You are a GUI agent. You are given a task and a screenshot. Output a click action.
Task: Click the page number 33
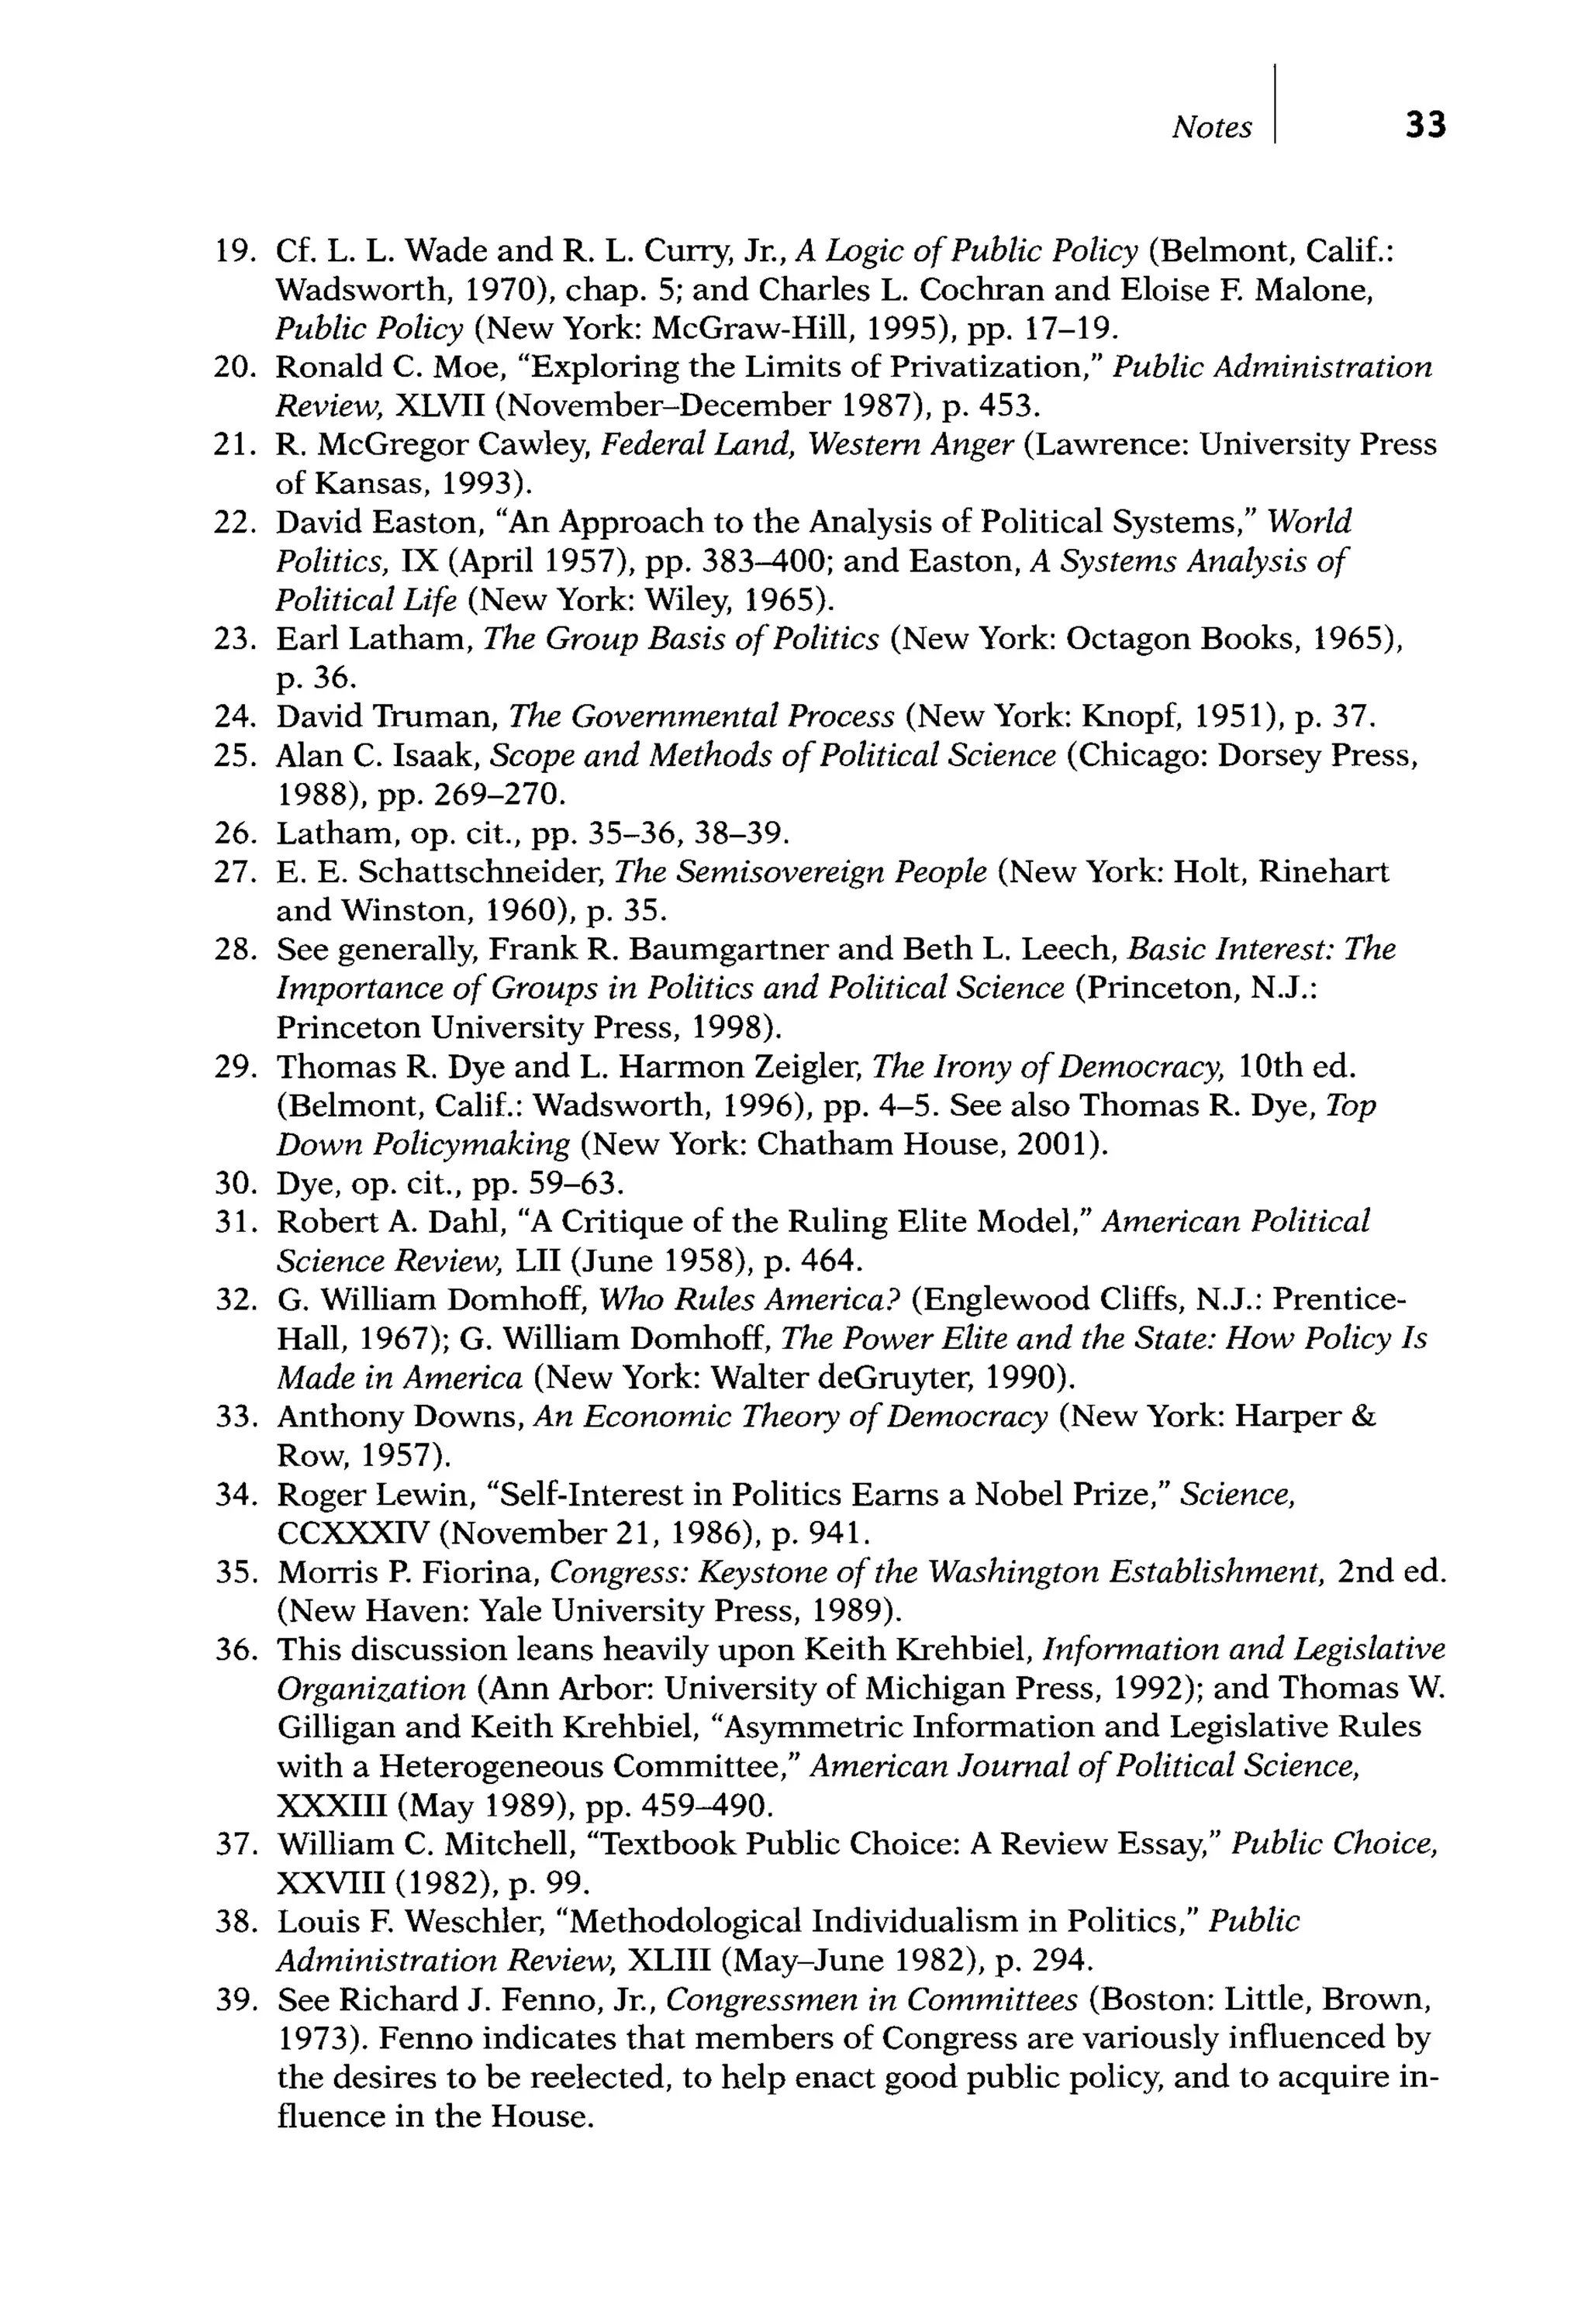[1425, 126]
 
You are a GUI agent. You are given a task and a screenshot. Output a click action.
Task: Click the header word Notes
[1211, 127]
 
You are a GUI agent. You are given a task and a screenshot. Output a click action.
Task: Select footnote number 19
[235, 250]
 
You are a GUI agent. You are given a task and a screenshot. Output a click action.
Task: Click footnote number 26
[235, 833]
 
